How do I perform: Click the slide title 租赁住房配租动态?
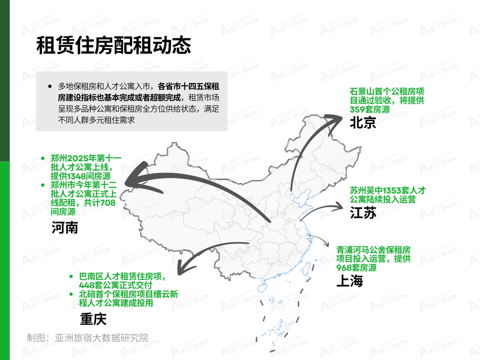(114, 45)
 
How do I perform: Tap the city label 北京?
(363, 123)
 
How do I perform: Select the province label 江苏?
(363, 213)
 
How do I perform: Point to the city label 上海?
(350, 281)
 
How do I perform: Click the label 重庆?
(93, 319)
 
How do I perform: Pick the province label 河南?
(64, 228)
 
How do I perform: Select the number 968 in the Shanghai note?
(344, 268)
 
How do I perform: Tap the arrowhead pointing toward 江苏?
(339, 206)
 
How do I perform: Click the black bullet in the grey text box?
(50, 87)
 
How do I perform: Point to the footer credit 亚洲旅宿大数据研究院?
(101, 338)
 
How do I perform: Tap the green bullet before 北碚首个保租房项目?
(71, 295)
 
